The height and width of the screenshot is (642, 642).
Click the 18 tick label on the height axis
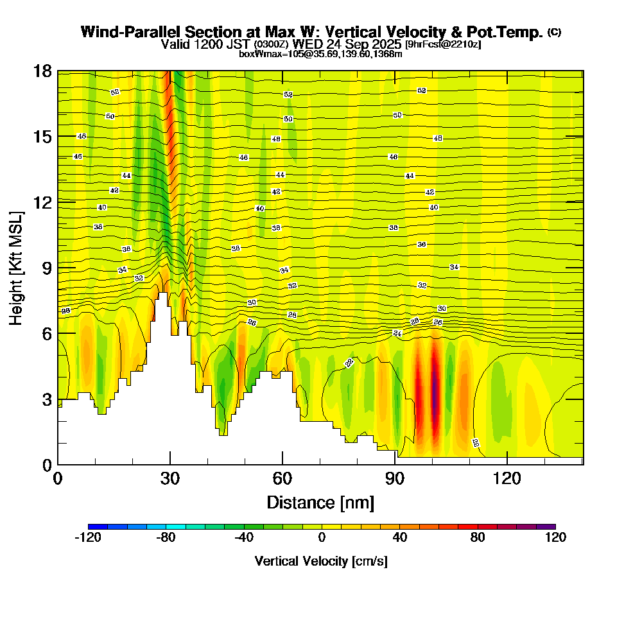tap(42, 71)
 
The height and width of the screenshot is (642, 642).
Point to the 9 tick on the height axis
tap(58, 267)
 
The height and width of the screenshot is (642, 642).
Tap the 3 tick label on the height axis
tap(47, 399)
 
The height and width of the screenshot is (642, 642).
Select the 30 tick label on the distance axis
tap(170, 479)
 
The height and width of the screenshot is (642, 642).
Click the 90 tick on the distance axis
tap(395, 464)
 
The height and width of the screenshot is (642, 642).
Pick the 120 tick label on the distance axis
tap(507, 479)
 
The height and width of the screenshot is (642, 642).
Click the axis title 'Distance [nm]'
tap(320, 502)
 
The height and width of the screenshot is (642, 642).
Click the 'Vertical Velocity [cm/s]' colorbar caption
tap(320, 561)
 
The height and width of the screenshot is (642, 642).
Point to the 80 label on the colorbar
tap(477, 538)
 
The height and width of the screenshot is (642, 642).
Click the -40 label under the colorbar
tap(244, 538)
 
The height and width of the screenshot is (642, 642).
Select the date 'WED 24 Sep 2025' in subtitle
tap(347, 44)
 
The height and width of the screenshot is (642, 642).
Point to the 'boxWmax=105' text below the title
tap(265, 54)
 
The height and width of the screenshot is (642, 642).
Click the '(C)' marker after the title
tap(554, 32)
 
